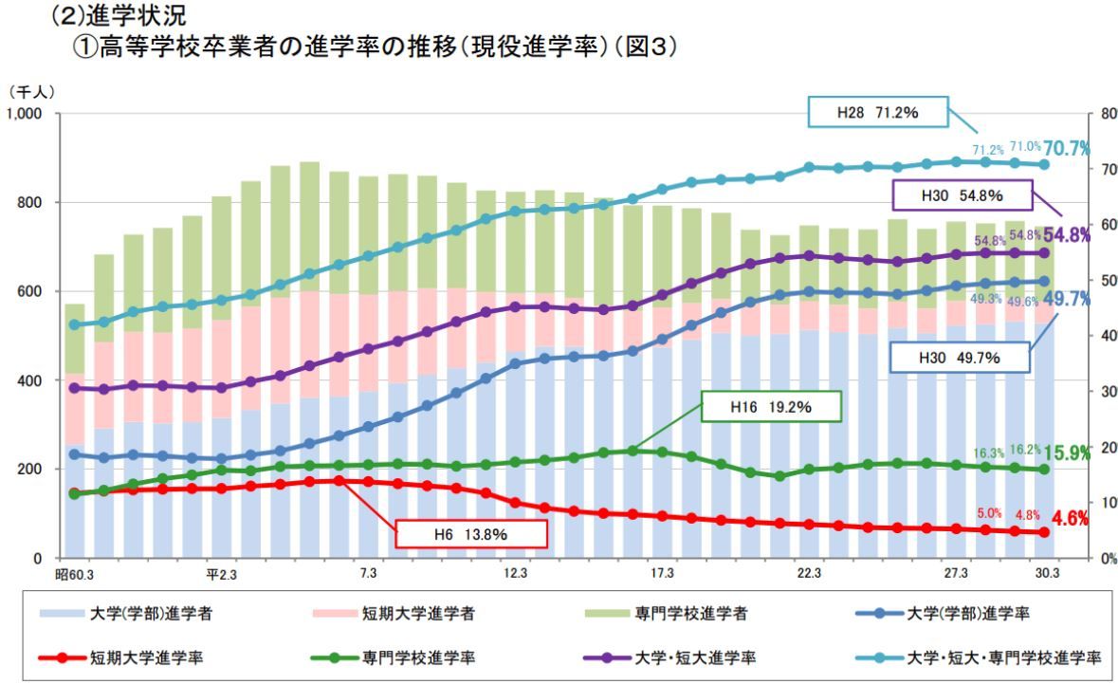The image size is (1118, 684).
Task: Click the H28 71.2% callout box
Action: click(x=878, y=113)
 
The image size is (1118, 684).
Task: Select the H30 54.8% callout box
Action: click(x=962, y=196)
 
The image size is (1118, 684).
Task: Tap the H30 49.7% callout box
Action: click(x=962, y=359)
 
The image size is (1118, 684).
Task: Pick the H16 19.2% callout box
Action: click(x=771, y=406)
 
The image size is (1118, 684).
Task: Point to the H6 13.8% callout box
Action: click(x=470, y=534)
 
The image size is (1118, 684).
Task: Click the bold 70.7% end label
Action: click(x=1066, y=149)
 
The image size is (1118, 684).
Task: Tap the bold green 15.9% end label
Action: click(x=1066, y=453)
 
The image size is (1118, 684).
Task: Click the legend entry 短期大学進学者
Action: click(x=394, y=613)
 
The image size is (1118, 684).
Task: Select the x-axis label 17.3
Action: click(x=662, y=574)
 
